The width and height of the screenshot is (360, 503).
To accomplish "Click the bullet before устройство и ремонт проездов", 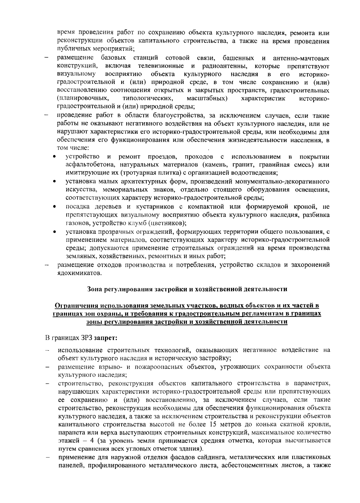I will [x=54, y=157].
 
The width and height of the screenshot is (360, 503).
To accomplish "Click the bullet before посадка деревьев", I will [x=54, y=207].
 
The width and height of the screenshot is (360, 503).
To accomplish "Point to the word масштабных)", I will [x=207, y=98].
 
